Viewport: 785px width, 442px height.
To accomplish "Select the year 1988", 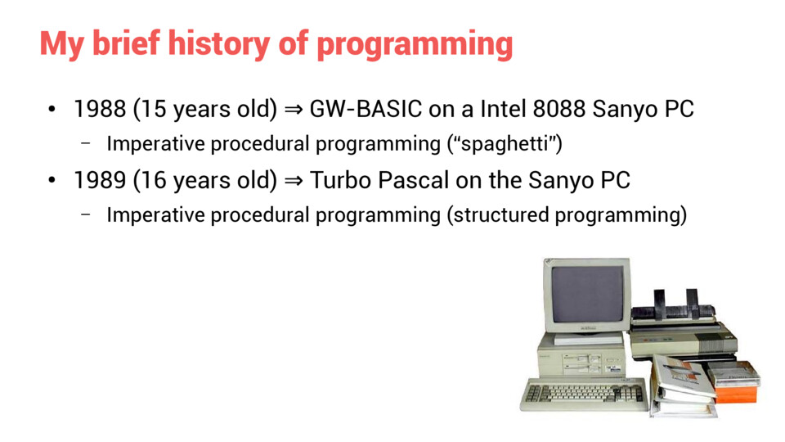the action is point(100,109).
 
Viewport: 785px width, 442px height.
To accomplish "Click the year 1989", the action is point(100,180).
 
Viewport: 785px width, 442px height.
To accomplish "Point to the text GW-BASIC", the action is point(366,109).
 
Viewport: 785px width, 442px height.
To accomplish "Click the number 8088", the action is point(558,109).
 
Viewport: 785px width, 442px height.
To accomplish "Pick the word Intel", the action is point(503,109).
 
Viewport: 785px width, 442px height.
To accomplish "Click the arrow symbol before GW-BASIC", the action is point(294,109).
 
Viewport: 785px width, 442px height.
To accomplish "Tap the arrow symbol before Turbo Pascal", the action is point(294,180).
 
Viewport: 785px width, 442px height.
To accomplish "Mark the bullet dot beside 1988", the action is point(52,109).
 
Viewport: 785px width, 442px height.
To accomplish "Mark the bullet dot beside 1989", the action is point(52,180).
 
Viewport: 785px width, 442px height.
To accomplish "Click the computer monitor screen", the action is point(587,294).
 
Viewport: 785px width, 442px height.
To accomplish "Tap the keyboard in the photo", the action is point(584,395).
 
